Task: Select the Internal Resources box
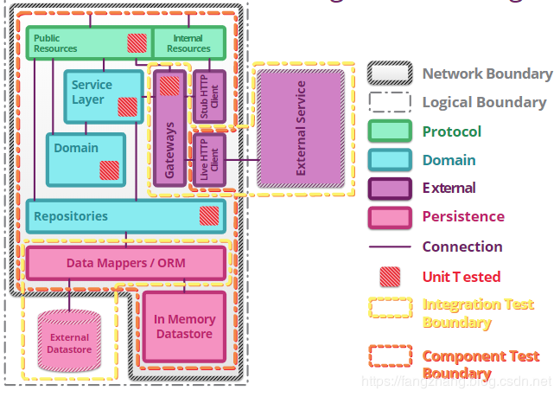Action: point(188,42)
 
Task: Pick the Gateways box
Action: point(169,138)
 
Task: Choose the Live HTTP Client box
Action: point(208,159)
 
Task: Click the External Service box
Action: point(300,128)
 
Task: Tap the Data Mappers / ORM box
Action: point(125,262)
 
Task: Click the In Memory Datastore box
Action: point(184,326)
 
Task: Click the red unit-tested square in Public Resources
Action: point(137,43)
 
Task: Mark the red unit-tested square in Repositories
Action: point(209,216)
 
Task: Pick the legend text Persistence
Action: point(462,216)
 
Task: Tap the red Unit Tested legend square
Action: point(390,276)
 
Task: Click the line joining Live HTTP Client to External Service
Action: point(242,160)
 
